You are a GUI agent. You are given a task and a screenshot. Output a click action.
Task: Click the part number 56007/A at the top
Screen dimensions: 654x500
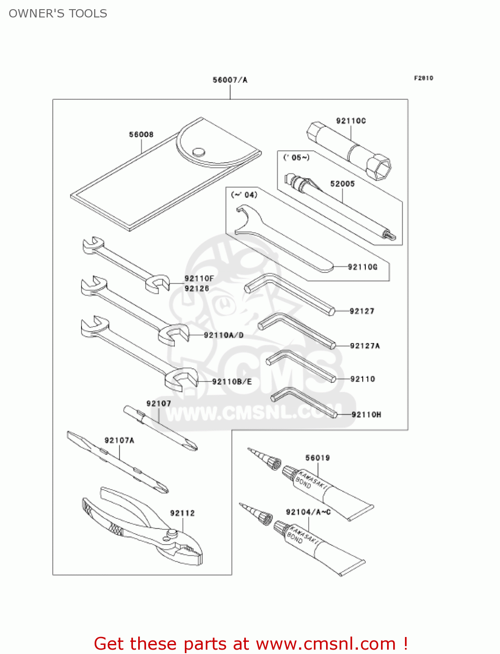(230, 80)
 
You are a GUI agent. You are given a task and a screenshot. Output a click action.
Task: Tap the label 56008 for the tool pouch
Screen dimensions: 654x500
(141, 134)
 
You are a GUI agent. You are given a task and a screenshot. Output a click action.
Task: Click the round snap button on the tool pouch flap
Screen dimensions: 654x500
(199, 151)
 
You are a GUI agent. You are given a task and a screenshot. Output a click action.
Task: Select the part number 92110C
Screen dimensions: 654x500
(351, 121)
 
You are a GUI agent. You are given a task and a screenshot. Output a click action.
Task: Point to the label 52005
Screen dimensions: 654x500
(342, 184)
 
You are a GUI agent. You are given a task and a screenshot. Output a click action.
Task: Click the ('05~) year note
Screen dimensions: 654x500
(296, 157)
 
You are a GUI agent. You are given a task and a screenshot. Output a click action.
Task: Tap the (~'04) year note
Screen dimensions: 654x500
(244, 194)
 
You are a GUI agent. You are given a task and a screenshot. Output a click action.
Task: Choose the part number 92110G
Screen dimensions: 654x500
(363, 267)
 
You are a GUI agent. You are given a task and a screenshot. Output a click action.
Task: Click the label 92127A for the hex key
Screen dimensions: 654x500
(365, 346)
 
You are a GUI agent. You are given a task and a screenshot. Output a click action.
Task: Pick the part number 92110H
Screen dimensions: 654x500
(366, 415)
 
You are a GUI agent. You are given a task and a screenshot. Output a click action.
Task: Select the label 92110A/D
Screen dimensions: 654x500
(224, 335)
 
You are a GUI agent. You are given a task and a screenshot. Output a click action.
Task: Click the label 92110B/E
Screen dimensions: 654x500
(232, 381)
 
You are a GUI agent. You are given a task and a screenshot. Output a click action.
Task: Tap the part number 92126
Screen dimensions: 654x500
(197, 288)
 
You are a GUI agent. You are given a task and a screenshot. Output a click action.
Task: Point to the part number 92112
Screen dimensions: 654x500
(182, 513)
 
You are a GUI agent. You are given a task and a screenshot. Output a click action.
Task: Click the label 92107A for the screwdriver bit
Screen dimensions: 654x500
(119, 440)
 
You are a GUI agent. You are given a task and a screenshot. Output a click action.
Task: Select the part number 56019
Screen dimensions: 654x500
(317, 458)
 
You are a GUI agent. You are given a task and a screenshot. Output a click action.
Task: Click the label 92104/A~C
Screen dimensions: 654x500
(308, 512)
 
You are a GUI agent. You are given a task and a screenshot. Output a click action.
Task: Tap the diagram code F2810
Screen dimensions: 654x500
(423, 78)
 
